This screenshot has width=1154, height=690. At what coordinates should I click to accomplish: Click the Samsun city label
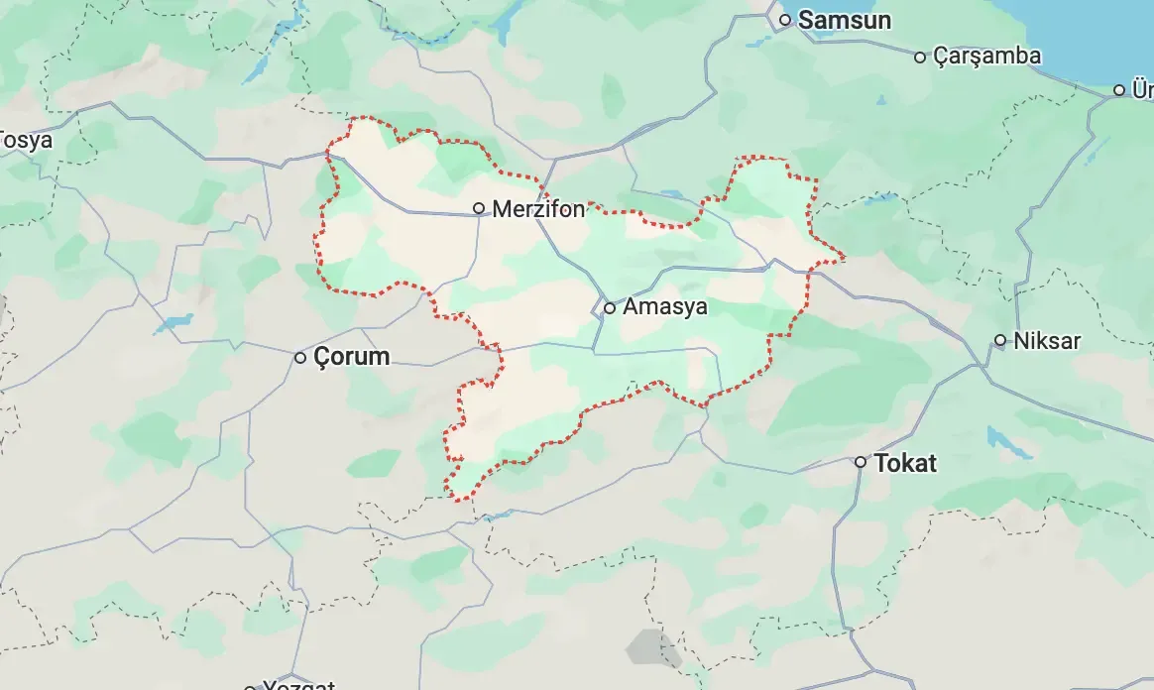[x=845, y=20]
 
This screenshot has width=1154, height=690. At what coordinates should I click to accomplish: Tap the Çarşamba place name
[x=987, y=56]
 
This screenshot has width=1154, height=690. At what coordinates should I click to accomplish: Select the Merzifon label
[x=539, y=209]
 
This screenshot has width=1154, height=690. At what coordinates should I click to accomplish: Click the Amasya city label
[x=665, y=306]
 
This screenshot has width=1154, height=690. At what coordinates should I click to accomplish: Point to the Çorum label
[x=352, y=357]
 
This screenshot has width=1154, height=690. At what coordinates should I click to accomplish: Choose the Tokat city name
[x=905, y=463]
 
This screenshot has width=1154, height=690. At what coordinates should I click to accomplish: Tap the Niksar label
[x=1048, y=341]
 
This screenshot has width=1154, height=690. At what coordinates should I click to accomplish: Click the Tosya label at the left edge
[x=26, y=140]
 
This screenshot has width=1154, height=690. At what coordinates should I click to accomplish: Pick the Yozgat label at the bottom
[x=297, y=685]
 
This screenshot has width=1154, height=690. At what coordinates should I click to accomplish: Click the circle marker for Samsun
[x=784, y=20]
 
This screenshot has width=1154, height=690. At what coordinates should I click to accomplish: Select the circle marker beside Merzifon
[x=479, y=208]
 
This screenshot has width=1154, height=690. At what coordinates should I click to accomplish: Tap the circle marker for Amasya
[x=610, y=307]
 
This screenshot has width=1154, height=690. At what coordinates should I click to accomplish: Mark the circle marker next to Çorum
[x=300, y=357]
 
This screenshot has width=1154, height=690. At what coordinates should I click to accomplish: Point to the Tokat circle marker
[x=862, y=462]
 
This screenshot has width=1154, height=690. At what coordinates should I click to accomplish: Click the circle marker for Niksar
[x=1000, y=341]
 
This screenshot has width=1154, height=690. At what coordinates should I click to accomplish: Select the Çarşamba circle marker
[x=920, y=57]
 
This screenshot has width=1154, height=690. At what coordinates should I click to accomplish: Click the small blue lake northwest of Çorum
[x=174, y=322]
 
